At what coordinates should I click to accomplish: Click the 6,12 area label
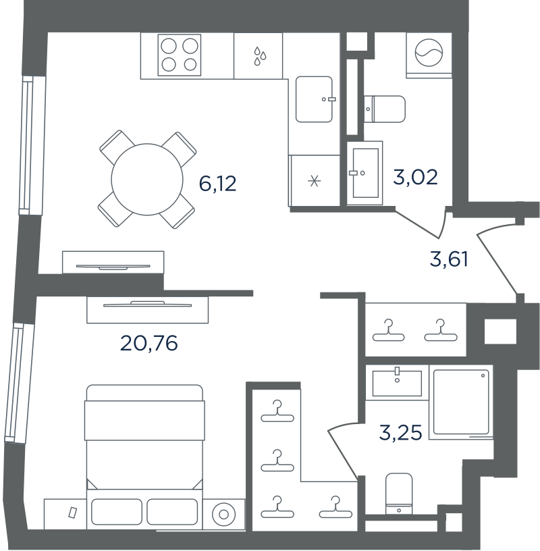(x=217, y=184)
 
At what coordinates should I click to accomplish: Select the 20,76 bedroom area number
(x=149, y=343)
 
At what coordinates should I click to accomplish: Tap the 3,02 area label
(x=415, y=177)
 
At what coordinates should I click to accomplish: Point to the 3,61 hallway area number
(x=449, y=259)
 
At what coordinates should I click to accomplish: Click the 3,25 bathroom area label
(x=400, y=432)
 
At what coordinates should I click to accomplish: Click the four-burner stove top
(x=180, y=55)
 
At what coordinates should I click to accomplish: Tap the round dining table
(x=147, y=179)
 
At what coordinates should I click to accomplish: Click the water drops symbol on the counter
(x=260, y=56)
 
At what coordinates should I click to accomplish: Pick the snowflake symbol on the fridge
(x=314, y=182)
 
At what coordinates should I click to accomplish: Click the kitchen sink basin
(x=314, y=99)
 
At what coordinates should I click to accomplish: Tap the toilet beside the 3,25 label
(x=399, y=494)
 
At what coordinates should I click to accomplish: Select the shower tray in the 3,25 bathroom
(x=461, y=402)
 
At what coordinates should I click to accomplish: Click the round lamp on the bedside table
(x=223, y=515)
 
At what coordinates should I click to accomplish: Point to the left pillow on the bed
(x=117, y=512)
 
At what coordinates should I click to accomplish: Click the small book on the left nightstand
(x=73, y=513)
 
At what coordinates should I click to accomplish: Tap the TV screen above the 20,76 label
(x=148, y=305)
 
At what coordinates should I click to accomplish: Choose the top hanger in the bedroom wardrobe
(x=277, y=411)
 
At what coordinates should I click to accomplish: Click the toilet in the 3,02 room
(x=385, y=109)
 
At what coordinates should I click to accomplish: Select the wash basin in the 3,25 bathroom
(x=397, y=383)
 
